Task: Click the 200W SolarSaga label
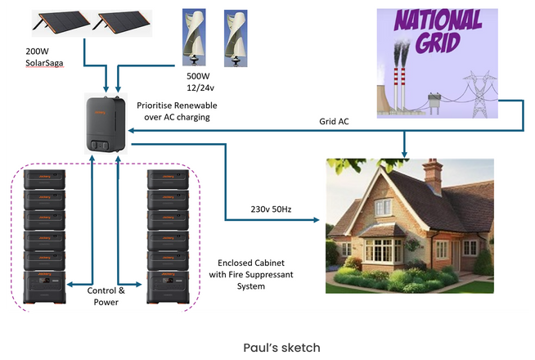click(x=44, y=57)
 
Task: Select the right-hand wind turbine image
click(x=236, y=38)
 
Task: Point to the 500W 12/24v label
click(x=200, y=82)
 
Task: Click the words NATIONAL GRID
click(x=438, y=31)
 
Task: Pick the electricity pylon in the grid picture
click(x=479, y=94)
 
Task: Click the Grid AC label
click(x=334, y=121)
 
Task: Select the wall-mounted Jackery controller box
click(x=106, y=124)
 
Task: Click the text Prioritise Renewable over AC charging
click(x=177, y=111)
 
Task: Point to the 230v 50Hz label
click(x=271, y=209)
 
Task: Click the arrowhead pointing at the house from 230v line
click(x=317, y=220)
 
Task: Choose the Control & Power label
click(x=106, y=296)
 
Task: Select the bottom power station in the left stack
click(x=44, y=287)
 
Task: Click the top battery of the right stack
click(x=168, y=179)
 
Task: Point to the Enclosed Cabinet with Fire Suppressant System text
click(x=251, y=274)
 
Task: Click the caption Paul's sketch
click(x=282, y=348)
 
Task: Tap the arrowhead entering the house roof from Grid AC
click(x=404, y=155)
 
